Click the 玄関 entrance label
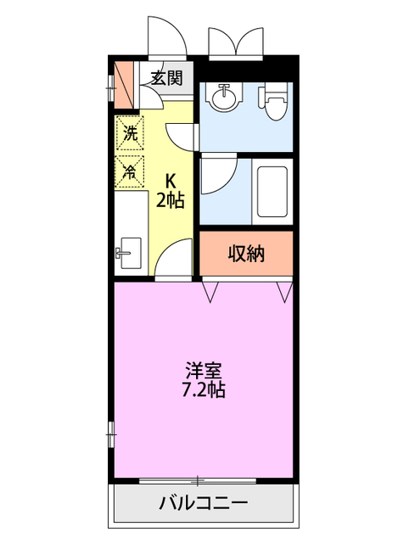click(167, 79)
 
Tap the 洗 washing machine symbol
click(130, 133)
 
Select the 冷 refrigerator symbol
click(130, 170)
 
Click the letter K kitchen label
click(171, 181)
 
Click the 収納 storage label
click(246, 254)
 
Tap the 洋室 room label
click(204, 372)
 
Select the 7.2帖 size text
click(204, 391)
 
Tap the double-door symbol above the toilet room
click(237, 40)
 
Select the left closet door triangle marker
click(210, 291)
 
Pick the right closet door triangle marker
click(284, 291)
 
